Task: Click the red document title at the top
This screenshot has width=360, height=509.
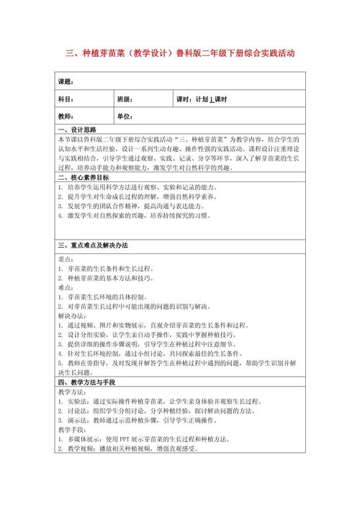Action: point(179,53)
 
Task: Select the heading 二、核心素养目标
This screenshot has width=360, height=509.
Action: point(84,177)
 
